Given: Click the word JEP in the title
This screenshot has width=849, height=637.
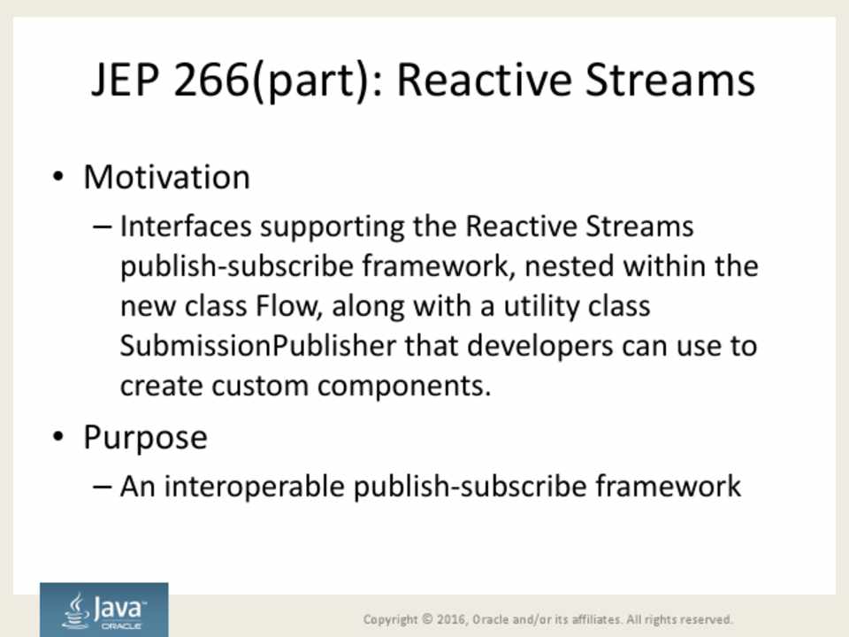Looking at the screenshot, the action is click(126, 80).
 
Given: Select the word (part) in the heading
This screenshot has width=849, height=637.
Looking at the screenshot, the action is click(310, 81).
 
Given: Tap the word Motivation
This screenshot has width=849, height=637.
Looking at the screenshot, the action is click(167, 177).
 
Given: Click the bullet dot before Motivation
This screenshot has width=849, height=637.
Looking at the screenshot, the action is click(58, 176).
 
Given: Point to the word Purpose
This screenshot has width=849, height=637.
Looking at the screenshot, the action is click(145, 438).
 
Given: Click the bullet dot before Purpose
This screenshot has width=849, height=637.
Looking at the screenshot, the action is click(58, 436).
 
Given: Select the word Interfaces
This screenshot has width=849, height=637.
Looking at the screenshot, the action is click(186, 226).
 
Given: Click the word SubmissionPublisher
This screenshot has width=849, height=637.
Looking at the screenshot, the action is click(257, 346).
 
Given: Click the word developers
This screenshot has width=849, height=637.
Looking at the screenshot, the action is click(539, 347).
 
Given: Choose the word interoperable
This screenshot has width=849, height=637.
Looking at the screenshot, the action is click(254, 487).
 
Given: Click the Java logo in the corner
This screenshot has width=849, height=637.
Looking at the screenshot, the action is click(104, 610).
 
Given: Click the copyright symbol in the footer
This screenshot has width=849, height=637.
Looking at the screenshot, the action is click(428, 618).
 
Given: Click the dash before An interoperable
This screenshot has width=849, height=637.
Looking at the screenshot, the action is click(102, 487).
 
